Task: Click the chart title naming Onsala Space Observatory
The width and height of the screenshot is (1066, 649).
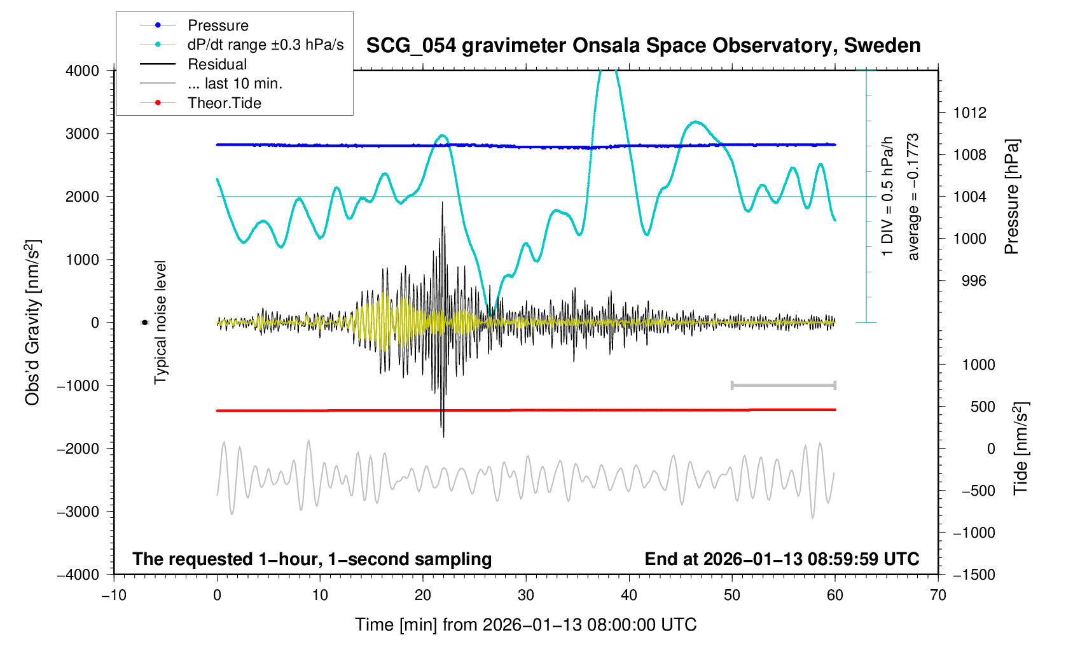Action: [643, 46]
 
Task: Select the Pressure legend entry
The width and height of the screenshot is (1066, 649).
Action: [218, 25]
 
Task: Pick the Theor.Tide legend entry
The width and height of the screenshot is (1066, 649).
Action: [224, 103]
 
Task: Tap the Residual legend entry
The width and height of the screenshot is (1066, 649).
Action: [217, 64]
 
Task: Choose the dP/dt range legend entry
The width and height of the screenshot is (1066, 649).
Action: [265, 45]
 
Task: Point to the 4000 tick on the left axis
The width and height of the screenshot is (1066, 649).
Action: [83, 71]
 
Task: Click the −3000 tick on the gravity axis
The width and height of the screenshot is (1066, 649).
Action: [78, 512]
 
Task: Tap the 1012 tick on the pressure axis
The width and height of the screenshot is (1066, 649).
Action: [969, 113]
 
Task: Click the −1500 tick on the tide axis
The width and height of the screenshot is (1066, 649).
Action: [974, 575]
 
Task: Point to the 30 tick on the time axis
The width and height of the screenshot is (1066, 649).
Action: [526, 596]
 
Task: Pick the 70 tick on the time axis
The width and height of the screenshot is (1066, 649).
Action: [938, 596]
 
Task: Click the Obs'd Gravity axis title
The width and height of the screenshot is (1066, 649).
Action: [32, 323]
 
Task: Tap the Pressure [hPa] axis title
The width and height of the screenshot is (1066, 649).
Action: [1011, 197]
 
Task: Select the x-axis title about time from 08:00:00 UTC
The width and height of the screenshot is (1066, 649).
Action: [525, 625]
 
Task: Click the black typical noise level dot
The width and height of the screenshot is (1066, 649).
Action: [144, 323]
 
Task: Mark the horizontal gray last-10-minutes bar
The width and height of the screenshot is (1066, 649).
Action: [783, 386]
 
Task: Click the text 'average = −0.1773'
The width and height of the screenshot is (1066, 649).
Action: [913, 197]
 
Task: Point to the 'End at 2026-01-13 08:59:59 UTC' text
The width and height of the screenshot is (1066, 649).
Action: [782, 559]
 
